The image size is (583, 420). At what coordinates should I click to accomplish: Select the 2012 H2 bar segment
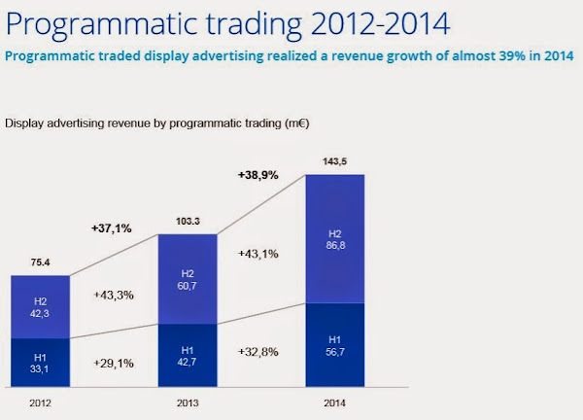[40, 306]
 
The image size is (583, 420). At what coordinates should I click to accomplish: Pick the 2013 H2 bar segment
[186, 280]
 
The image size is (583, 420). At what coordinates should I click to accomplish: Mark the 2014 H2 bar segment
[334, 238]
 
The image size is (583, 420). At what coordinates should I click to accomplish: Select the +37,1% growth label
[110, 228]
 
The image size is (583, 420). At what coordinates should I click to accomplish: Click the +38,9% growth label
[259, 175]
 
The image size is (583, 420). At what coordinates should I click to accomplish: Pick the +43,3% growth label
[115, 295]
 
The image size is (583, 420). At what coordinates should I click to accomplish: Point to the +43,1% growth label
[258, 254]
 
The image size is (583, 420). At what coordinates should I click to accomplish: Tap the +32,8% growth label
[258, 349]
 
